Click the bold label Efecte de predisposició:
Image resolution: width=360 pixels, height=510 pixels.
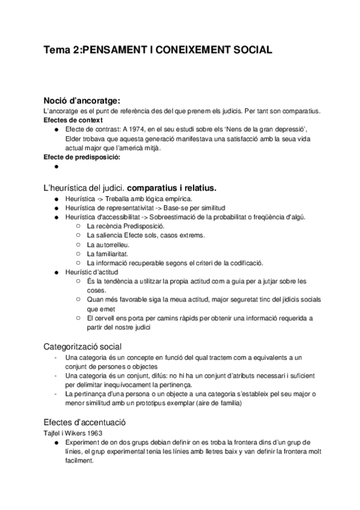tap(82, 158)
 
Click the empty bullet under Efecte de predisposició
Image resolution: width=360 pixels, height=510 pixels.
tap(56, 168)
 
